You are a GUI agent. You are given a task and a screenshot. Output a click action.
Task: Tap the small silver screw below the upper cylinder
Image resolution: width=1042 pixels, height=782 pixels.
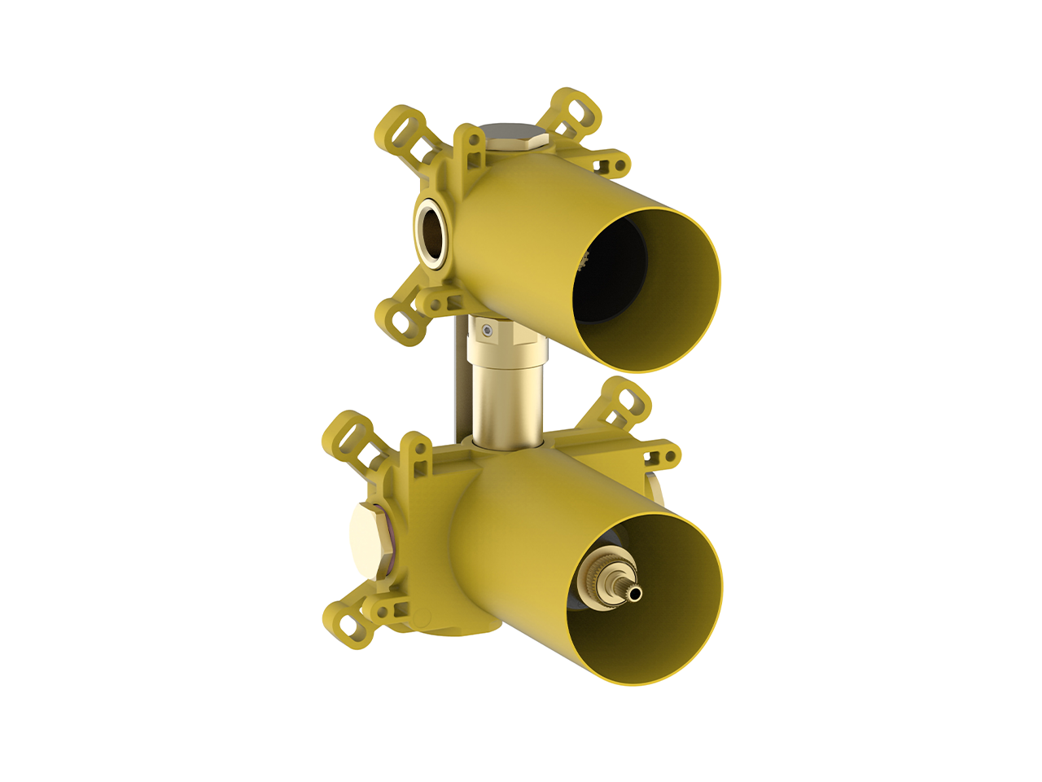487,331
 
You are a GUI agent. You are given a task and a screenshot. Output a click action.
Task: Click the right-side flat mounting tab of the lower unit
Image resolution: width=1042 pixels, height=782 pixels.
659,453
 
